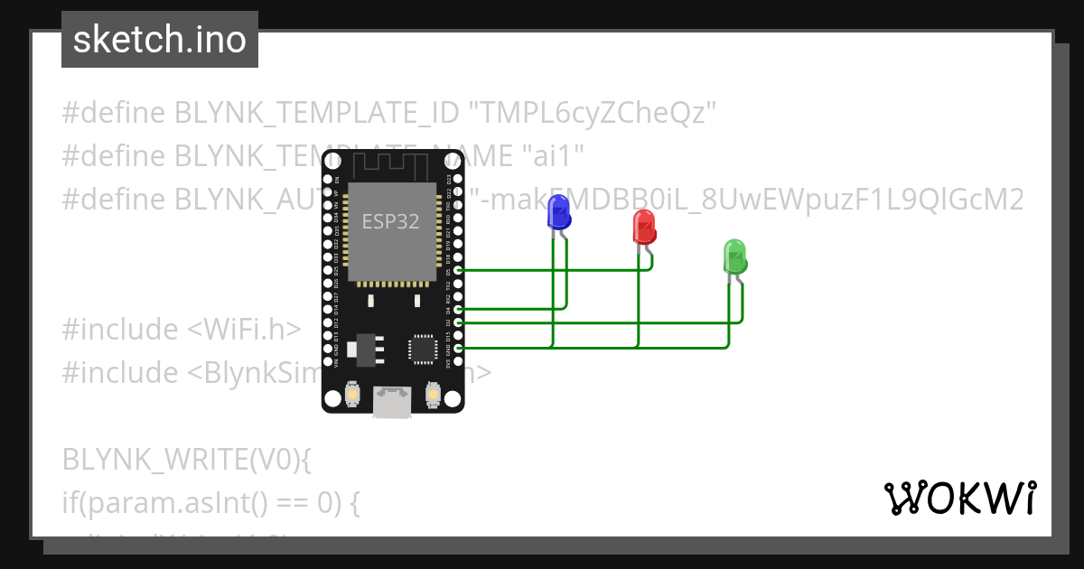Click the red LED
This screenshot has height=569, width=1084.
643,227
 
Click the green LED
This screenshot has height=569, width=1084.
734,257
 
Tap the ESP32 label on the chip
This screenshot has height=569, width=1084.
390,221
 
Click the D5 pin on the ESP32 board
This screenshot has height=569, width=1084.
459,270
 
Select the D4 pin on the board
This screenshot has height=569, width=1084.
459,309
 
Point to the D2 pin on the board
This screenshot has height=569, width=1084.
459,322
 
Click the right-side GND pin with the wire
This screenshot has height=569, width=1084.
459,348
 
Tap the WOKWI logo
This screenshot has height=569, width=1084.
959,498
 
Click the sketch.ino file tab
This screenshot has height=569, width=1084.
160,40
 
